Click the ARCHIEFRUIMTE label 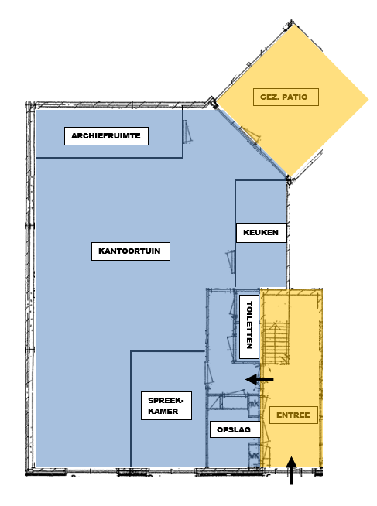(x=106, y=136)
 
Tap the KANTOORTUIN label (x=130, y=251)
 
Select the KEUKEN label (x=261, y=232)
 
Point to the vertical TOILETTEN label (x=249, y=327)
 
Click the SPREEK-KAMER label (x=166, y=405)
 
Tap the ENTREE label (x=293, y=415)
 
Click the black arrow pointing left (x=259, y=379)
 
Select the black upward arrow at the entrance (x=292, y=470)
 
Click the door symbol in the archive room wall (x=187, y=132)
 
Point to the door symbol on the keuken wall (x=231, y=262)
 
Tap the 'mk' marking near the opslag (x=254, y=404)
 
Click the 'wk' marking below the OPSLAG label (x=254, y=456)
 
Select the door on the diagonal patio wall (x=251, y=135)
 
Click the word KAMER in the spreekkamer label (x=163, y=411)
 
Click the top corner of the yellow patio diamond (x=293, y=24)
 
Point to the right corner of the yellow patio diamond (x=368, y=99)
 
